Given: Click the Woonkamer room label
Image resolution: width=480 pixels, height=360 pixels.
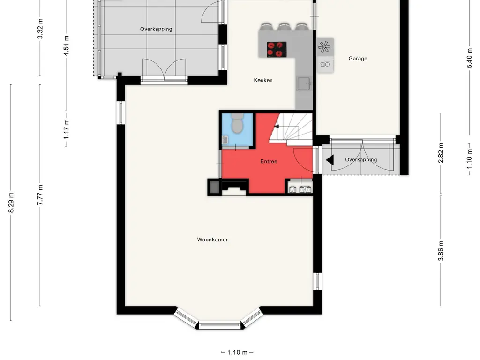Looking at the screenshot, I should tap(212, 240).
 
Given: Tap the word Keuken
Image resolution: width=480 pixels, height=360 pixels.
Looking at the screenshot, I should tap(263, 80).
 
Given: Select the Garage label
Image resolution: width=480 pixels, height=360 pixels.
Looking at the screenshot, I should tap(358, 59).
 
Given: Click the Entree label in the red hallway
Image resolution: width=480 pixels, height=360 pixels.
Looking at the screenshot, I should tap(269, 161).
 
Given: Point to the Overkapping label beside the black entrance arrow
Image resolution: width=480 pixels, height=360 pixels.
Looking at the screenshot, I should tap(361, 160).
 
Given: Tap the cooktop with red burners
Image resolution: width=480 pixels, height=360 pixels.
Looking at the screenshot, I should tap(277, 49).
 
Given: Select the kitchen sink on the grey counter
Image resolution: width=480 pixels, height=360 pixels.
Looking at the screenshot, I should tap(304, 84).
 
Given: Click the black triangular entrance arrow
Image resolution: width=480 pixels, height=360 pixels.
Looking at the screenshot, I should tap(330, 160).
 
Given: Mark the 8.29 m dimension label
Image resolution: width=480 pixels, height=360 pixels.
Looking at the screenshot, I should tap(12, 202).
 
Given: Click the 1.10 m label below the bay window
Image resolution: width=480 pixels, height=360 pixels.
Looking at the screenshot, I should tap(237, 352).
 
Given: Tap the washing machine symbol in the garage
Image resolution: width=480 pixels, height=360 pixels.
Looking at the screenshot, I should tap(325, 64).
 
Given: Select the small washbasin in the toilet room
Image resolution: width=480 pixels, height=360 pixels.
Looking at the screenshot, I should tap(225, 139).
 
